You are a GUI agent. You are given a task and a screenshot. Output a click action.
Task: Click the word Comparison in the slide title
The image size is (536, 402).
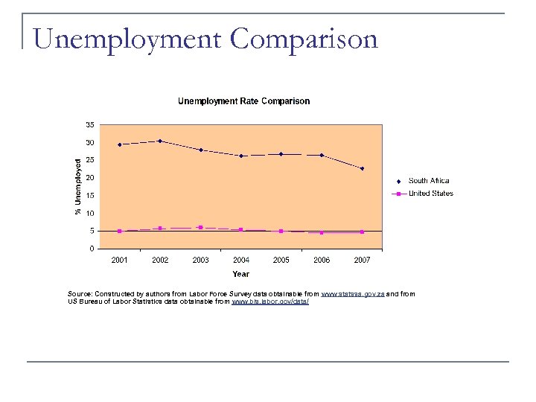point(303,39)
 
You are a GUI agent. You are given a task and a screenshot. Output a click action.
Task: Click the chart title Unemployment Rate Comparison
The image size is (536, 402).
point(243,101)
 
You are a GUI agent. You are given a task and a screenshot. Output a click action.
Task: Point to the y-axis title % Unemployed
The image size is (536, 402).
point(77,186)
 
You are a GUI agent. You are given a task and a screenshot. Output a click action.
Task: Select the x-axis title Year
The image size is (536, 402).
point(240,274)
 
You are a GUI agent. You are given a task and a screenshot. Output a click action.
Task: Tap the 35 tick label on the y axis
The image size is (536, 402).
point(89,124)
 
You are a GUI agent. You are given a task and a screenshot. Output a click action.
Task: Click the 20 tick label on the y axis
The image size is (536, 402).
point(89,178)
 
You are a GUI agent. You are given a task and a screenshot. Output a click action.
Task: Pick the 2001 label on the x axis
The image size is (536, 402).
point(119,260)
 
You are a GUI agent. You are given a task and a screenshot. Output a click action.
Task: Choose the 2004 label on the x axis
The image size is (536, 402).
point(240,260)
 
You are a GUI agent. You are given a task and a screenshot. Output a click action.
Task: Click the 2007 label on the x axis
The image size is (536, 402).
point(362,260)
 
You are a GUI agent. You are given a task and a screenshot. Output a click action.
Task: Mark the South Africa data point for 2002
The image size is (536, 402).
point(160,141)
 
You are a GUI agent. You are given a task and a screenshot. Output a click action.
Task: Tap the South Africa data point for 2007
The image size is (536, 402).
point(362,168)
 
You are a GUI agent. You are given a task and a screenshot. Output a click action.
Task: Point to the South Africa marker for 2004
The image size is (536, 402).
point(241,156)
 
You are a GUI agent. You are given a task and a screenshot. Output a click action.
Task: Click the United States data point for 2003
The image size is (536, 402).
point(200,227)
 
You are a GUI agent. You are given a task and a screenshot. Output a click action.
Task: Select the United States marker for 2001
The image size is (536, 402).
point(119,231)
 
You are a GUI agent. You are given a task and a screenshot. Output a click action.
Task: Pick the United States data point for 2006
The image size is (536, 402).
point(322,232)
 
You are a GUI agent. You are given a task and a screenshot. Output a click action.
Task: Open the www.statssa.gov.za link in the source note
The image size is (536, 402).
point(352,294)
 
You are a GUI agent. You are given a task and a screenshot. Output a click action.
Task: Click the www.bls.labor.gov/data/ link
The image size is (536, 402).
point(270,301)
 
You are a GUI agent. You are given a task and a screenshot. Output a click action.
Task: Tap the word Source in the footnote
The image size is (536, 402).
point(80,294)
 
